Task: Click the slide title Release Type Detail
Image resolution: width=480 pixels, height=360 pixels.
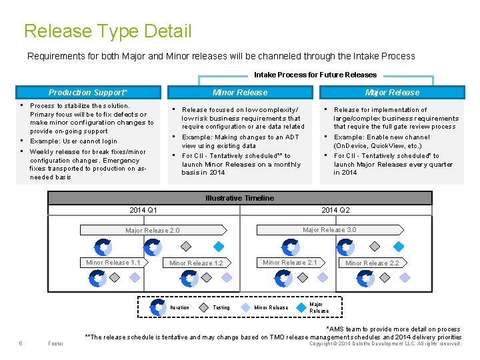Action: (107, 31)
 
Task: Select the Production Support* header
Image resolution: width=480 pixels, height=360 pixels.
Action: (88, 93)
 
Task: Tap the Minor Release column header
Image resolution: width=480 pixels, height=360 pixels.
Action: (240, 93)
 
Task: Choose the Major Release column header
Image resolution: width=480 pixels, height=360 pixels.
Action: (392, 93)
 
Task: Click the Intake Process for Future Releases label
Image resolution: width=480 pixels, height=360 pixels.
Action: (315, 75)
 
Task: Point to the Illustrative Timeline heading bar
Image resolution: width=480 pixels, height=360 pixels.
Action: (239, 198)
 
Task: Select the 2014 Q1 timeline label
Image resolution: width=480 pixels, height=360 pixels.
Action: (143, 210)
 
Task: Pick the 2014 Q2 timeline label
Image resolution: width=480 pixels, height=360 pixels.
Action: (335, 210)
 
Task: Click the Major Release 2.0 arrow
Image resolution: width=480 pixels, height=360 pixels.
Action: (153, 231)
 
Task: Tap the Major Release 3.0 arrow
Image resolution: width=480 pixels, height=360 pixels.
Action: (329, 230)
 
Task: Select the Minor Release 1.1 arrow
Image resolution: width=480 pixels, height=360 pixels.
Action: (113, 263)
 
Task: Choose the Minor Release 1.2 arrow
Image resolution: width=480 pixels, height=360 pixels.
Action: (196, 263)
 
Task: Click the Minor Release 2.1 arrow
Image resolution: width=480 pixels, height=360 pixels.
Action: (289, 263)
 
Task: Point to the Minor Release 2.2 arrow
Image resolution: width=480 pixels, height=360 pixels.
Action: (372, 263)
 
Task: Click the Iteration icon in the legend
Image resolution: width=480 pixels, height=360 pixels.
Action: (158, 307)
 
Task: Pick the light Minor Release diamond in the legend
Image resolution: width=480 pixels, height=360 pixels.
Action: (245, 307)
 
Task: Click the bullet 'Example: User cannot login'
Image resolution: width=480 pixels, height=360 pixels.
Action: (73, 141)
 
